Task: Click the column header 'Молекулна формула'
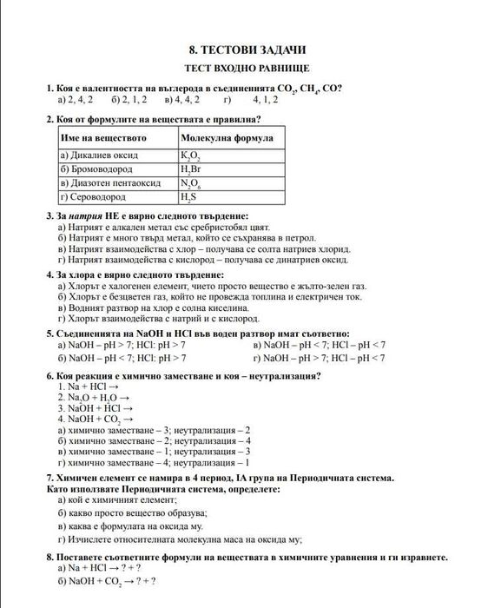tap(227, 138)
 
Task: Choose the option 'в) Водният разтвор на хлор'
tap(153, 307)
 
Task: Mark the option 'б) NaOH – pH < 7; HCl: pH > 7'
tap(121, 356)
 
